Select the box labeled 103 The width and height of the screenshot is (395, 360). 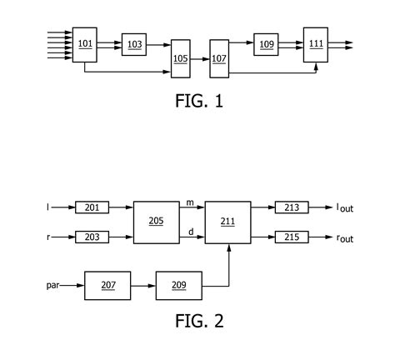pos(133,45)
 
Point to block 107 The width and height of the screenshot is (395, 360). pos(218,58)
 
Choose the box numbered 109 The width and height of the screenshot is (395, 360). pos(266,45)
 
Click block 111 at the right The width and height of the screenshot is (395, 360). pos(315,44)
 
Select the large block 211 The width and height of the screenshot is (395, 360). pos(228,222)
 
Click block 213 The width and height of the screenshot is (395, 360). pos(291,206)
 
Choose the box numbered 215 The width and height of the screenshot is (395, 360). pos(291,237)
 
